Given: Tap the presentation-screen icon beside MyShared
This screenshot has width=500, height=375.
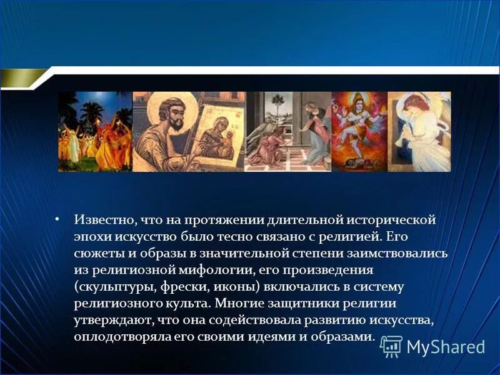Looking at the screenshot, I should tap(391, 346).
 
